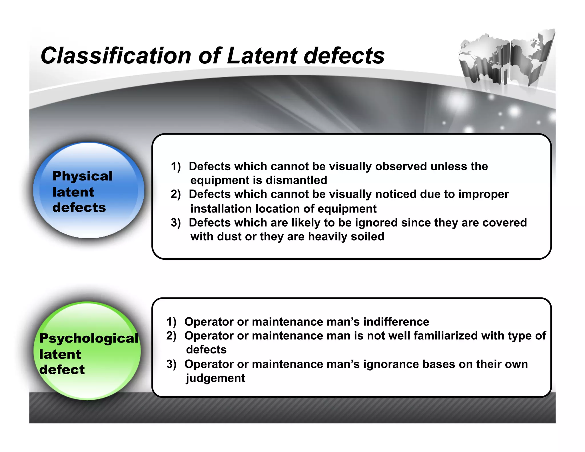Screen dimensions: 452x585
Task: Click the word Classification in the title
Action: point(116,55)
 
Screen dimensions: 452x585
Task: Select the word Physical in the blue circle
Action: point(83,176)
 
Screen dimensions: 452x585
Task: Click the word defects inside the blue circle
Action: point(79,207)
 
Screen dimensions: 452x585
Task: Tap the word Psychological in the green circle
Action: point(89,338)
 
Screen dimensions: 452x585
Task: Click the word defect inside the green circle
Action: point(62,370)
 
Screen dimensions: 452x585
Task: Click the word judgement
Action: point(215,378)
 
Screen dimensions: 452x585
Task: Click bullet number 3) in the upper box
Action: point(176,223)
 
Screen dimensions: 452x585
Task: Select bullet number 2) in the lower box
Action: point(171,336)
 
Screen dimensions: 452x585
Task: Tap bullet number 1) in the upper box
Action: point(176,166)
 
